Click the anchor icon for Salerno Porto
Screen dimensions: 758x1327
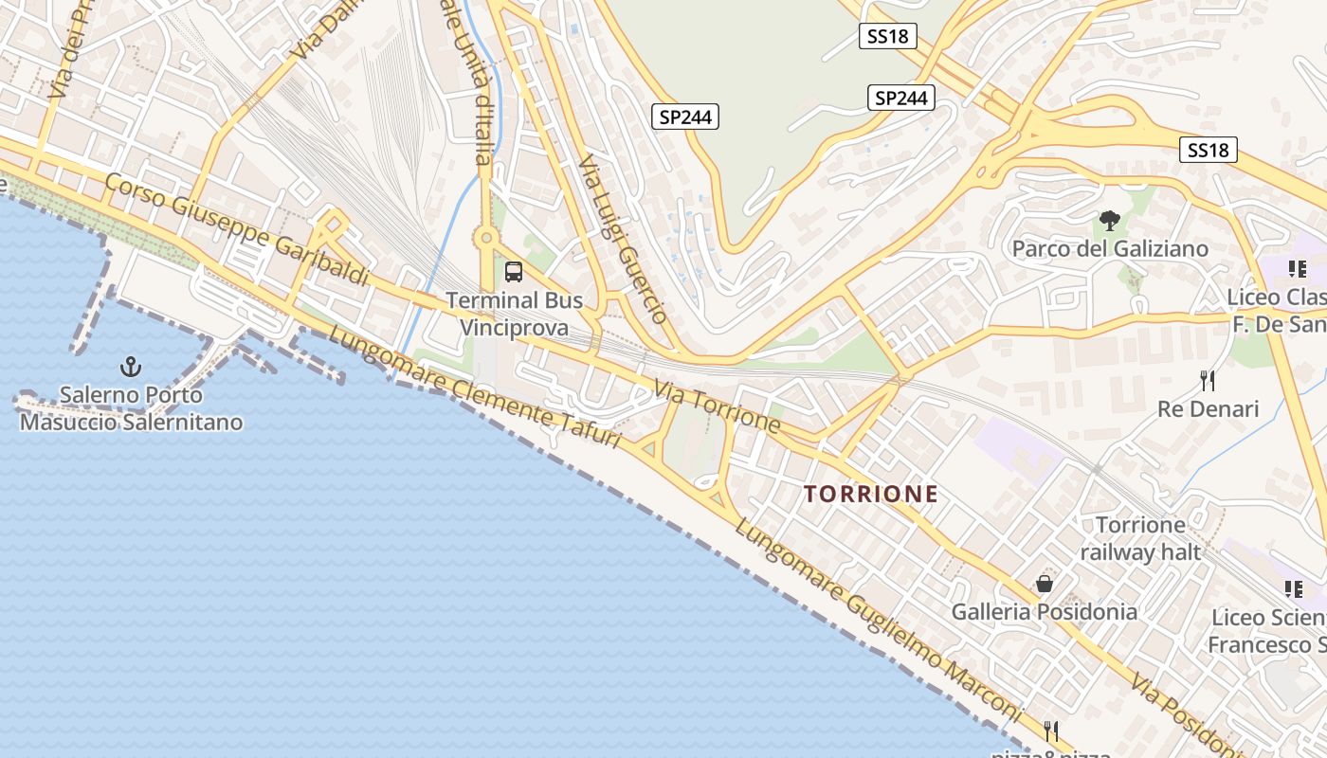point(131,366)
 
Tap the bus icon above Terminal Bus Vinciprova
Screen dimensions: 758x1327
point(514,272)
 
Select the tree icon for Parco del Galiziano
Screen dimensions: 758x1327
point(1109,222)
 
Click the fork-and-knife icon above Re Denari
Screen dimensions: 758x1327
point(1208,381)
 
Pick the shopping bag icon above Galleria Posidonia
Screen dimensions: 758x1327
point(1045,584)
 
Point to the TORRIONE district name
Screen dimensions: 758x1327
point(871,494)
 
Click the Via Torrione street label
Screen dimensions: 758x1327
point(718,406)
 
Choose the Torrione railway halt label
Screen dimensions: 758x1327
point(1140,538)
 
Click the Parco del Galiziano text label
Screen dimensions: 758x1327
point(1110,248)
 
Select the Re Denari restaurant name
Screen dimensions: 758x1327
point(1208,409)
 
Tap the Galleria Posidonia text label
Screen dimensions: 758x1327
point(1045,611)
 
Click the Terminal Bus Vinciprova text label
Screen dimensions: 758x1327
point(514,314)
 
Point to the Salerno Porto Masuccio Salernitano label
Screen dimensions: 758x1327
point(131,408)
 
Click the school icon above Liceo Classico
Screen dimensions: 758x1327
point(1297,269)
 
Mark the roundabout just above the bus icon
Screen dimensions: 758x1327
point(487,238)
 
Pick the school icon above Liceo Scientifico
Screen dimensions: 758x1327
point(1293,589)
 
